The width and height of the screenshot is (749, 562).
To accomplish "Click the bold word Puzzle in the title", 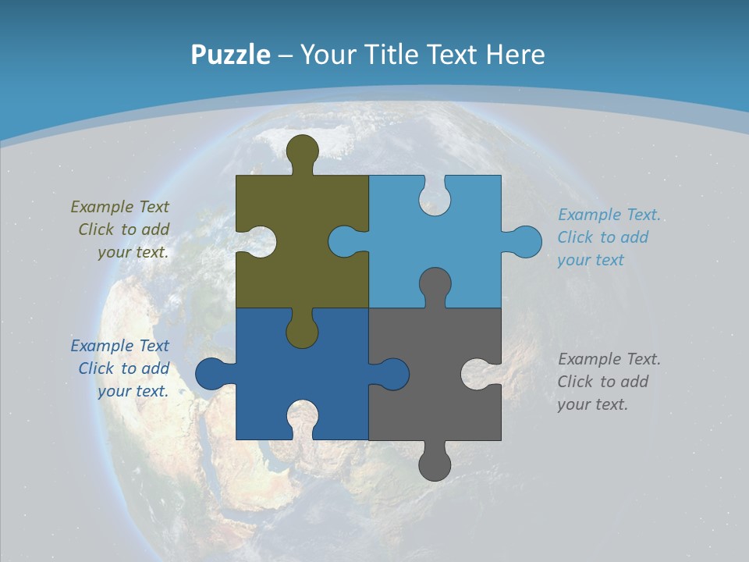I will point(230,55).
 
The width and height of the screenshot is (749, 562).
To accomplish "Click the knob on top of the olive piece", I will point(302,151).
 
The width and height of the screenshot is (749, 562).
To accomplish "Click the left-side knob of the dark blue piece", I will point(211,374).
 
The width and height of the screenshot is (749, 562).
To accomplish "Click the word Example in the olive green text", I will point(102,207).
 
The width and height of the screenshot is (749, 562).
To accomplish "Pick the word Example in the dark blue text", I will point(102,346).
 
